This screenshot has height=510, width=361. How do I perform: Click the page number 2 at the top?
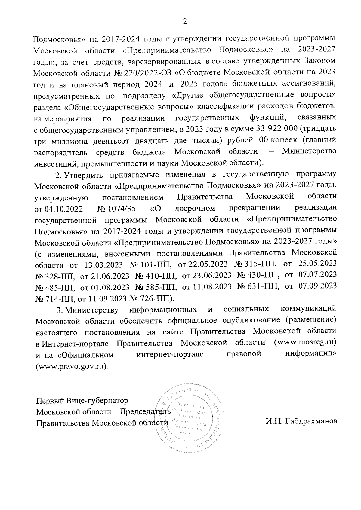coord(185,22)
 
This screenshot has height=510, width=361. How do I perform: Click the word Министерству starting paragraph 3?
coord(92,310)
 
